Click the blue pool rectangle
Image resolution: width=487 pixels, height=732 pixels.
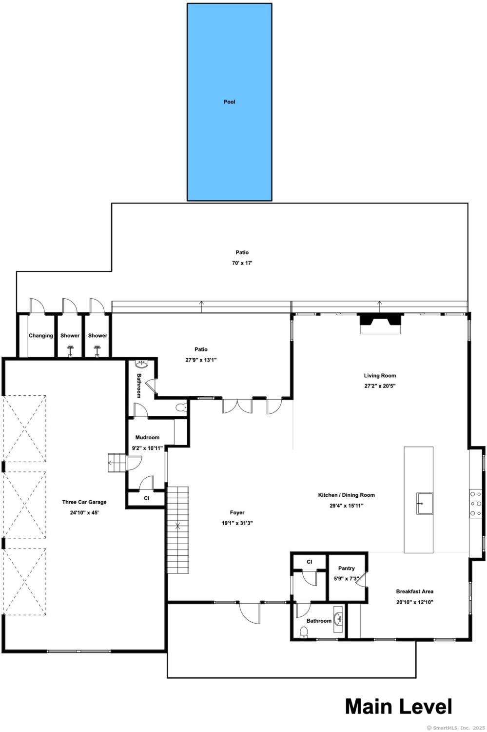pos(229,102)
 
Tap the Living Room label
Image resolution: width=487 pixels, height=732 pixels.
pos(380,375)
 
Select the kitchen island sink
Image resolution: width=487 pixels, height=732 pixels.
pos(424,504)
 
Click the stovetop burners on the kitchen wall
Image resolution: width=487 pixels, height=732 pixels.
pos(475,503)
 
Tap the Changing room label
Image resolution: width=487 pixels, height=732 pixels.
pos(41,336)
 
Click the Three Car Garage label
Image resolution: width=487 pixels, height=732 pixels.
pos(84,502)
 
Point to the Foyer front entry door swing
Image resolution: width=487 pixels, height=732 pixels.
pos(250,613)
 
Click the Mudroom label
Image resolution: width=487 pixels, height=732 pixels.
pos(148,437)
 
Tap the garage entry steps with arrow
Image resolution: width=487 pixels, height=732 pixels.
pos(117,463)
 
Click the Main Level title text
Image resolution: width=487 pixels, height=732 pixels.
pos(399,707)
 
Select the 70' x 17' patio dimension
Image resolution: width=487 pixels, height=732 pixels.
pos(242,263)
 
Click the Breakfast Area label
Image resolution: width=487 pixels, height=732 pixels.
pos(415,591)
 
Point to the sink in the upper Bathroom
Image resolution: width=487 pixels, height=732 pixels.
pos(142,363)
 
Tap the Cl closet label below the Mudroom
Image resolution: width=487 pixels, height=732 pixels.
pos(147,498)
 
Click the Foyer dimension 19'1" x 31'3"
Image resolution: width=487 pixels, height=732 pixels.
pos(237,523)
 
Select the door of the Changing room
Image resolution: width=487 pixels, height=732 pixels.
pos(37,306)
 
